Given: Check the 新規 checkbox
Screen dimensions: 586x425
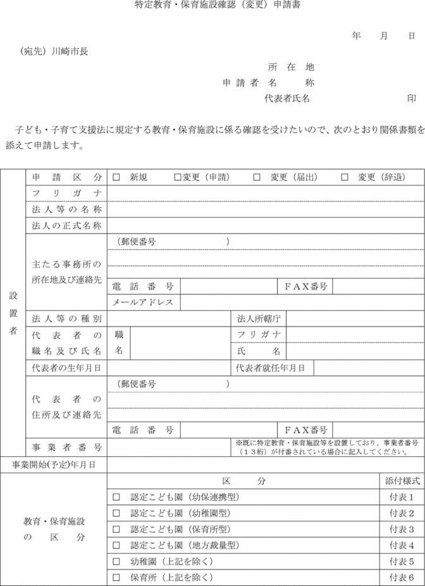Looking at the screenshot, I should tap(116, 177).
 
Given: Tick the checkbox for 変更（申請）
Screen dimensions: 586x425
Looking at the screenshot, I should tap(178, 177).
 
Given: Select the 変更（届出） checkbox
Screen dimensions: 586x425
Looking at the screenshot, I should tap(257, 177).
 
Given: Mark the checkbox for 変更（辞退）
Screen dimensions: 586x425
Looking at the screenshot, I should tap(345, 177).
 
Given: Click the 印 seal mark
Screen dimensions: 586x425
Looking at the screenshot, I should tap(412, 99).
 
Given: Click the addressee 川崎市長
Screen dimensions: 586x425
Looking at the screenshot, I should tap(70, 51).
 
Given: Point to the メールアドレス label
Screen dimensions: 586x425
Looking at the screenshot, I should tap(143, 302).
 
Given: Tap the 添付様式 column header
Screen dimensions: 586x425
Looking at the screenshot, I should tap(402, 481).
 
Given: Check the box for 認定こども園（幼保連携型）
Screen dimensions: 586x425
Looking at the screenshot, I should tap(116, 497).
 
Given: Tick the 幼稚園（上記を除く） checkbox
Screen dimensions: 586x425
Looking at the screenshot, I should tap(116, 561).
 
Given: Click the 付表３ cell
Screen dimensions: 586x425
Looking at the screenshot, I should tap(402, 529).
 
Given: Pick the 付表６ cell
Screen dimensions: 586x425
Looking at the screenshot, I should tap(402, 577).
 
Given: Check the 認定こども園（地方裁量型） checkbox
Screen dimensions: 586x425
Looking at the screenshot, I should tap(116, 545).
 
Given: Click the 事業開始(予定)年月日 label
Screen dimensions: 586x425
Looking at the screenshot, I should tap(54, 464).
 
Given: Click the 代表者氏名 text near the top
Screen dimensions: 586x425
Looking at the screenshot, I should tap(287, 99).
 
